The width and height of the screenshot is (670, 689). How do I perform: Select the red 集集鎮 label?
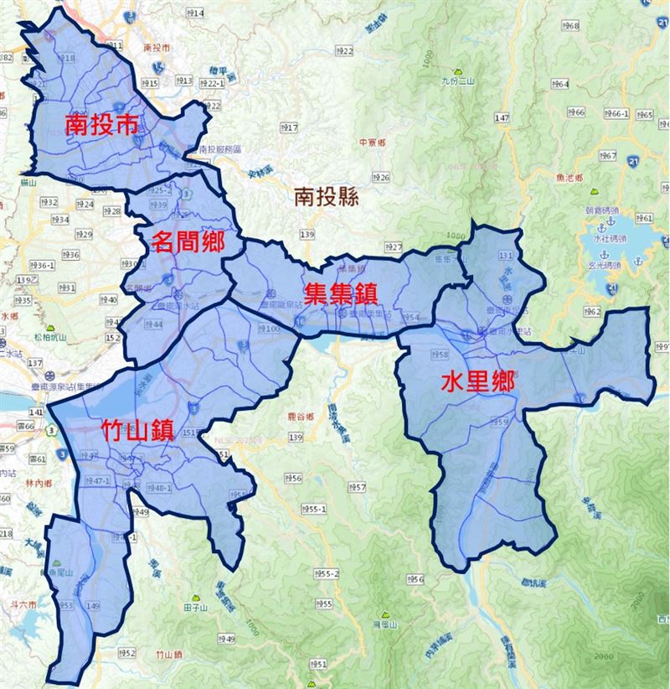(x=340, y=293)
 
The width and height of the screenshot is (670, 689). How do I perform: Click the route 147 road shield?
(x=502, y=119)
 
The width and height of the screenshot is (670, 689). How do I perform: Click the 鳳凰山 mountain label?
(x=383, y=624)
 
